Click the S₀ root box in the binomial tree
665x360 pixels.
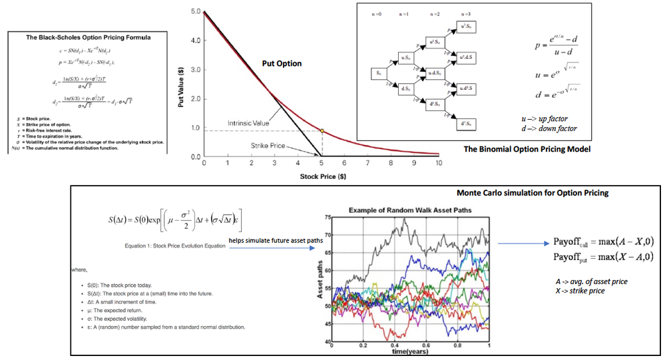click(x=378, y=73)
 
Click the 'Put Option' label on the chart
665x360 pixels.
click(x=281, y=64)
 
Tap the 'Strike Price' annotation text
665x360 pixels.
click(x=268, y=144)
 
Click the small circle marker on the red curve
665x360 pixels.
click(x=322, y=130)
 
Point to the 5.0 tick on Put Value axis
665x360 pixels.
click(x=195, y=11)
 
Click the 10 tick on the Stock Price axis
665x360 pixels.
click(x=439, y=164)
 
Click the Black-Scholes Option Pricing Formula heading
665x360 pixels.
click(x=89, y=38)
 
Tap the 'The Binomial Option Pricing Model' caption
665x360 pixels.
click(x=527, y=149)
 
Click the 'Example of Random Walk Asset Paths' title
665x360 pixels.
click(x=410, y=210)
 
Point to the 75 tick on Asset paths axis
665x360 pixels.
click(x=327, y=218)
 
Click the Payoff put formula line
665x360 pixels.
click(x=602, y=257)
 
